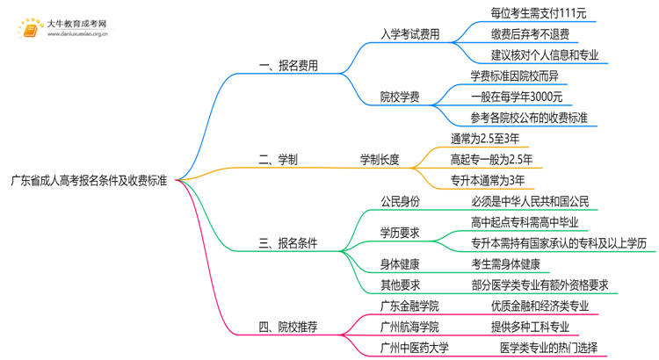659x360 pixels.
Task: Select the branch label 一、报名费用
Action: tap(289, 66)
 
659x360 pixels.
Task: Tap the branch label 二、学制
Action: tap(278, 159)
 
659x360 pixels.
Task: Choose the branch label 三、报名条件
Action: tap(289, 243)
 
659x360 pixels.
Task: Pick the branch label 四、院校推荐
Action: tap(289, 327)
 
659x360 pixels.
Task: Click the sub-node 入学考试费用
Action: tap(409, 35)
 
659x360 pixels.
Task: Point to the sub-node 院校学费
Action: tap(399, 96)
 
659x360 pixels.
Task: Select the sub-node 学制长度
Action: tap(380, 159)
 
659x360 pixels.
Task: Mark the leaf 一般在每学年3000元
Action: tap(516, 97)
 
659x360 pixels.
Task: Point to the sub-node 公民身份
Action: tap(400, 202)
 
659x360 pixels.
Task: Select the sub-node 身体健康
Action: tap(400, 263)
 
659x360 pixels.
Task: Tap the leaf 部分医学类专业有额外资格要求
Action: tap(540, 284)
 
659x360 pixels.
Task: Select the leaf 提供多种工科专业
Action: tap(529, 327)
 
